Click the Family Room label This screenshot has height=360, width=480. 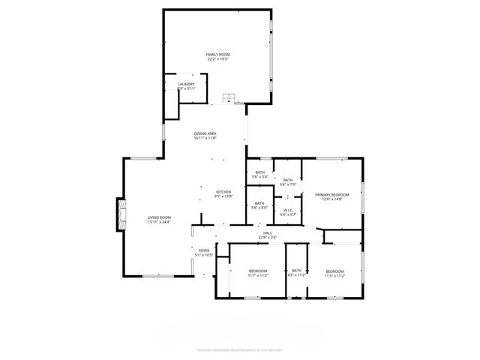(218, 55)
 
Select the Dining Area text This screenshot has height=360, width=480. (205, 133)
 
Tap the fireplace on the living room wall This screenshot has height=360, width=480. (120, 214)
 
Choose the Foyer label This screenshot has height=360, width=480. (204, 250)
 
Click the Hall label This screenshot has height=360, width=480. (268, 233)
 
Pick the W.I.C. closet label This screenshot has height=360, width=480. (288, 210)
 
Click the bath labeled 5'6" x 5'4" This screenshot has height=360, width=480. (259, 173)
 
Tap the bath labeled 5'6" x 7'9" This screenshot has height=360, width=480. (288, 180)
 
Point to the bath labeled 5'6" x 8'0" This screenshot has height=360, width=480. (259, 203)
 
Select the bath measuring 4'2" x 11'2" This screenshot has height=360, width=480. (296, 271)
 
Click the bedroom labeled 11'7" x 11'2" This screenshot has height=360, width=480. (258, 271)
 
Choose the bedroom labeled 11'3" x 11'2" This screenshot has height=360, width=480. (334, 271)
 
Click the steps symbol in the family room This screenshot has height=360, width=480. (229, 99)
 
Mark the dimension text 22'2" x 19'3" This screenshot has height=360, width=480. (218, 59)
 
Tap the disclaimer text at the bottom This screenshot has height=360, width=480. (239, 348)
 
